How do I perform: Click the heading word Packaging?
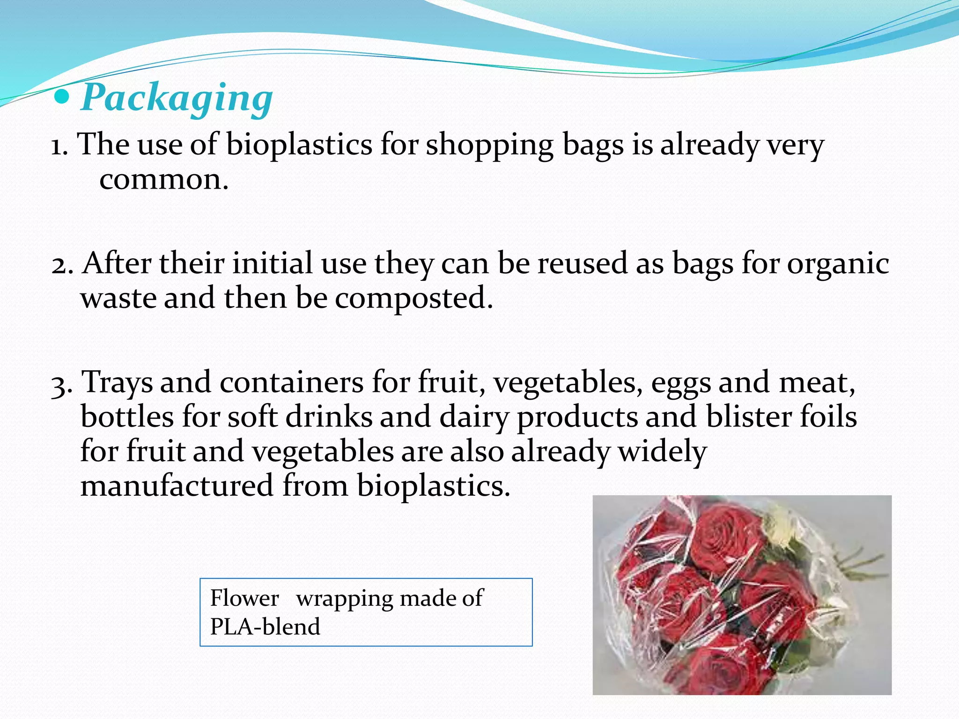pos(177,98)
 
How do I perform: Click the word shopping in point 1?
pos(489,145)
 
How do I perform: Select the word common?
pos(163,180)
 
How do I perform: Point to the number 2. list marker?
pos(62,265)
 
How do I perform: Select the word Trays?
pos(117,383)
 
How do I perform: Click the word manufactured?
pos(177,485)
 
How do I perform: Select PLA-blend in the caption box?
pos(265,627)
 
